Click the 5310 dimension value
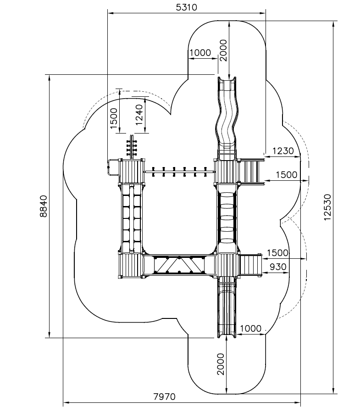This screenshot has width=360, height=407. tap(186, 7)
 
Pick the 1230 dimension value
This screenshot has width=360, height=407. tap(283, 151)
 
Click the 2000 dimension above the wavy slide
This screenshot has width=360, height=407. tap(223, 50)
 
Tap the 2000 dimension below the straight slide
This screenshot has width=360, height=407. tap(222, 364)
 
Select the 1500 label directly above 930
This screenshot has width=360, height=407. tap(277, 253)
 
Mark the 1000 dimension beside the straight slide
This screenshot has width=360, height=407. tap(250, 329)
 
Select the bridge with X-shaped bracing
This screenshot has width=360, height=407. tap(179, 265)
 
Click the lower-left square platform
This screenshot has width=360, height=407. tap(130, 265)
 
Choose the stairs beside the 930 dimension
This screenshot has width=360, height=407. tap(250, 265)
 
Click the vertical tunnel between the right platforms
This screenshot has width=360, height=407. tap(227, 218)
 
